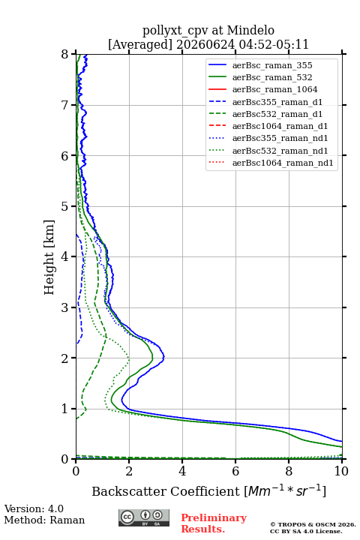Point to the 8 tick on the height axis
(x=73, y=54)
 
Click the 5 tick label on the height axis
(x=64, y=207)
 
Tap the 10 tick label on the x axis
(x=341, y=471)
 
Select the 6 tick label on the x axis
(x=235, y=471)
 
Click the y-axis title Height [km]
(x=49, y=257)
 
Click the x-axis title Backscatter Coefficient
(x=165, y=491)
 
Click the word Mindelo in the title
(x=250, y=30)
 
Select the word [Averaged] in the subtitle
(x=140, y=45)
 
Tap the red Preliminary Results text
(x=214, y=523)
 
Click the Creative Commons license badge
(x=144, y=518)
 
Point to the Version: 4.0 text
(x=34, y=509)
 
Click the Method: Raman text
(x=44, y=520)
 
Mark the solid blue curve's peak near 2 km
(x=164, y=357)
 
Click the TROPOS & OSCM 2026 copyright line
(x=313, y=524)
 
